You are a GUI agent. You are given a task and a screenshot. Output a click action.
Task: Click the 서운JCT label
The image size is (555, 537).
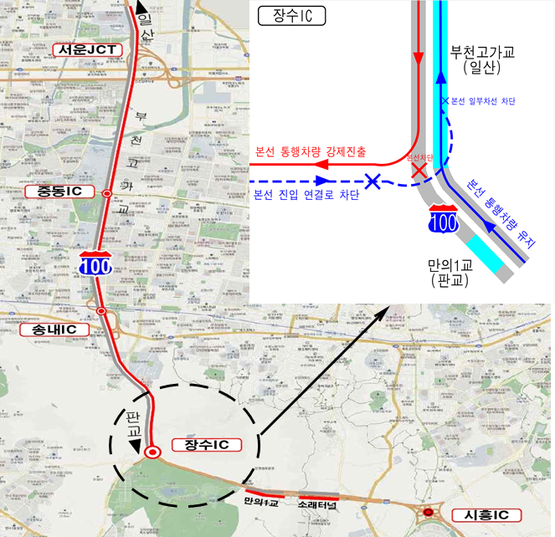pos(86,49)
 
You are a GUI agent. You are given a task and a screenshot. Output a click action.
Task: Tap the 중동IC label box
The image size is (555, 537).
pos(59,192)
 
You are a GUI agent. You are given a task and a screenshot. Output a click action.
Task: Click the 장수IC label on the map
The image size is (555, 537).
pos(206,444)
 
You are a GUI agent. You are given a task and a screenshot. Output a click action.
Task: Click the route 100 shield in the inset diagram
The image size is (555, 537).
pos(441,219)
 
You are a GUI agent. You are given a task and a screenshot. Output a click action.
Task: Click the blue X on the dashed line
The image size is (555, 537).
pos(373,181)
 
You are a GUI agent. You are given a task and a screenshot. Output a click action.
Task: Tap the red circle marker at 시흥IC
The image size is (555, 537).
pos(428,513)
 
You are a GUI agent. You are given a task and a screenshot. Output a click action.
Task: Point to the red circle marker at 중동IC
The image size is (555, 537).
pos(106,193)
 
